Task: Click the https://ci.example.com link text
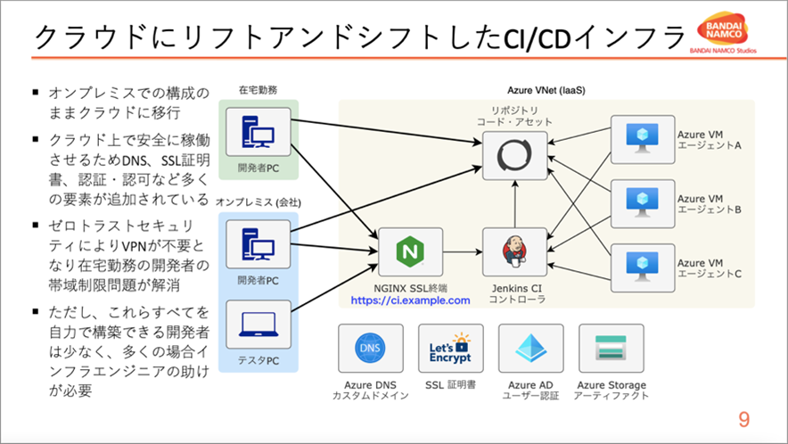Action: coord(410,301)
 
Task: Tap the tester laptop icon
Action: coord(259,325)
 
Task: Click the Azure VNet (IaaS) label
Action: coord(546,91)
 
